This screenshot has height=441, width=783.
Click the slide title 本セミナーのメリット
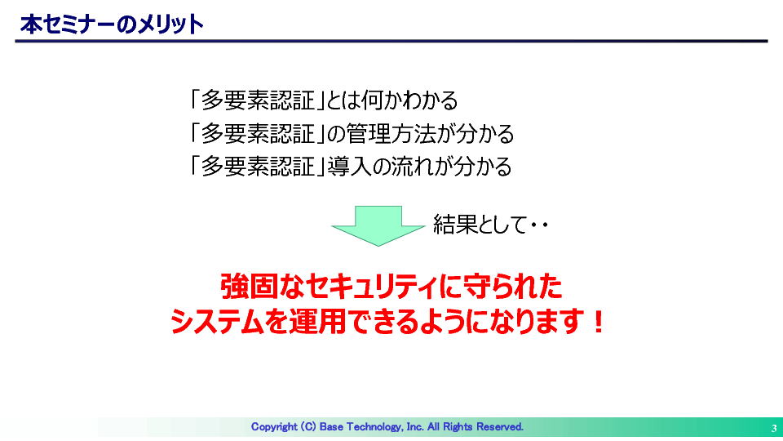pos(112,24)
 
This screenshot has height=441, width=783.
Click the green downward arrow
pos(378,225)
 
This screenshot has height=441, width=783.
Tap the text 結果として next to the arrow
pos(480,224)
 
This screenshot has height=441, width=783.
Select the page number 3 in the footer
pos(773,429)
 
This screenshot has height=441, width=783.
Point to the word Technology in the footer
pos(374,427)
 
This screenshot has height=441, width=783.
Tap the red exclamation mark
pos(597,322)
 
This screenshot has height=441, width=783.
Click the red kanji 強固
pos(249,287)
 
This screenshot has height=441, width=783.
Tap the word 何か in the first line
pos(382,100)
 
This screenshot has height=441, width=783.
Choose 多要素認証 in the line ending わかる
pos(259,100)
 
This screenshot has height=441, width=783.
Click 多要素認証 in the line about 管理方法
pos(259,134)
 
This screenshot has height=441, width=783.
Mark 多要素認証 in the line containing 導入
pos(259,167)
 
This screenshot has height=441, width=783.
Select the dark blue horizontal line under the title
pos(391,41)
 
